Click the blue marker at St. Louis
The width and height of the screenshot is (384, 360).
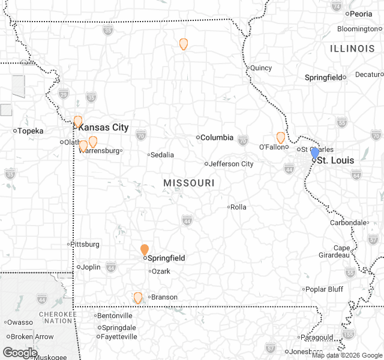pyautogui.click(x=315, y=153)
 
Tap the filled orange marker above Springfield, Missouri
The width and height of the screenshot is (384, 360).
pyautogui.click(x=145, y=250)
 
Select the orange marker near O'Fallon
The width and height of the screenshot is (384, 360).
pyautogui.click(x=281, y=137)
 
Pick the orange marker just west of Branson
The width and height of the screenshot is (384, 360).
pyautogui.click(x=138, y=298)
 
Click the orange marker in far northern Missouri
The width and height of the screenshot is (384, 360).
pyautogui.click(x=184, y=44)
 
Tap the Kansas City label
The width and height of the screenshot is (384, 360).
pyautogui.click(x=103, y=127)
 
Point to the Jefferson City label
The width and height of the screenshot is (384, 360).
pyautogui.click(x=231, y=164)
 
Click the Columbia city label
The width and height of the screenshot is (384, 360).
pyautogui.click(x=217, y=137)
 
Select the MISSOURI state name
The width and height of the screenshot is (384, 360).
pyautogui.click(x=188, y=182)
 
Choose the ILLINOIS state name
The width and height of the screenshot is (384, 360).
pyautogui.click(x=352, y=47)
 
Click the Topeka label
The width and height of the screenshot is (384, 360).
pyautogui.click(x=31, y=131)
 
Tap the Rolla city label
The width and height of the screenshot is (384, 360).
pyautogui.click(x=238, y=207)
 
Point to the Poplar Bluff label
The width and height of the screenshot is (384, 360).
pyautogui.click(x=324, y=289)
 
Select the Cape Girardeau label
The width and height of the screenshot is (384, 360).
pyautogui.click(x=341, y=251)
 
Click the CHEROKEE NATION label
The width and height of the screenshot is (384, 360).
pyautogui.click(x=59, y=317)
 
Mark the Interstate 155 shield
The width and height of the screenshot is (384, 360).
pyautogui.click(x=348, y=334)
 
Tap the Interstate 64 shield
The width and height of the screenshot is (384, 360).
pyautogui.click(x=356, y=175)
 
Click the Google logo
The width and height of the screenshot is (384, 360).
pyautogui.click(x=20, y=352)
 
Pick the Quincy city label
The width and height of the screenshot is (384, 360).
pyautogui.click(x=261, y=68)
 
